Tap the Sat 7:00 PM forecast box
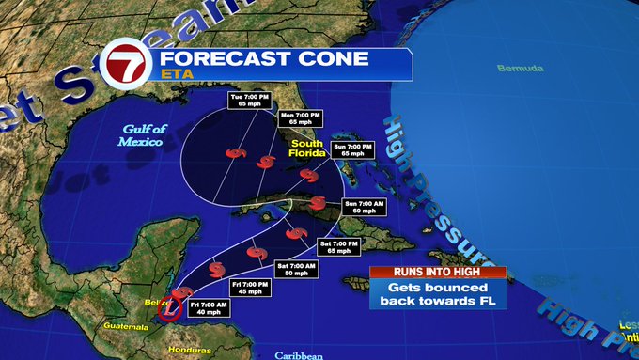point(338,247)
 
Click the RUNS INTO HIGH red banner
point(438,272)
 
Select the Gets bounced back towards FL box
point(438,292)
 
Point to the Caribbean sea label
point(299,354)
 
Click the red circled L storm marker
point(169,306)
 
